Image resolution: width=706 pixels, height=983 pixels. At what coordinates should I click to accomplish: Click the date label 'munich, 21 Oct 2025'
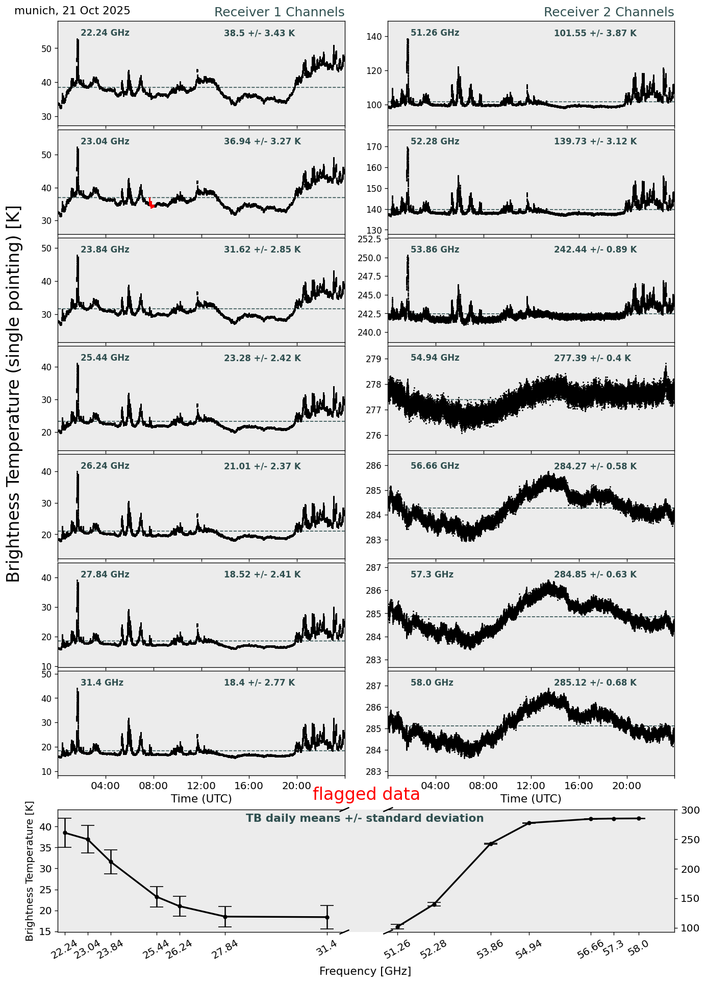(x=72, y=11)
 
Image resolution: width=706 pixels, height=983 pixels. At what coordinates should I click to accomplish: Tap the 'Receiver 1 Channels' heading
(x=279, y=12)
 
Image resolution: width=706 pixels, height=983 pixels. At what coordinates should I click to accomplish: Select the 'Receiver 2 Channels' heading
(x=609, y=12)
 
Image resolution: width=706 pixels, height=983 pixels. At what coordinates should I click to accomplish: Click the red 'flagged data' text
(x=366, y=794)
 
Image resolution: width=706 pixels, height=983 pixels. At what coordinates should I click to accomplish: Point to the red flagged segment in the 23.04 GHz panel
(x=151, y=203)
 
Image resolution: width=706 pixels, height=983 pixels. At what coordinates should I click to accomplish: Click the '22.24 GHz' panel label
(x=105, y=33)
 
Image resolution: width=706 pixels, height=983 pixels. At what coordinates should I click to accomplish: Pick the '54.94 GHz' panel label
(x=435, y=358)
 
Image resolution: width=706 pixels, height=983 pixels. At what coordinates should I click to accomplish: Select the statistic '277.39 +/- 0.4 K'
(x=592, y=358)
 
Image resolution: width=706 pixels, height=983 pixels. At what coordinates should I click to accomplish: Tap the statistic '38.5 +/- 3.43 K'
(x=259, y=34)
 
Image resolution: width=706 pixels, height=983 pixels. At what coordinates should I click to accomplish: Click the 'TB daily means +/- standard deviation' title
(x=365, y=818)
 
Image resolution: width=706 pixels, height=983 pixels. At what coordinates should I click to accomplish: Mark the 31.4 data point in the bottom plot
(x=327, y=917)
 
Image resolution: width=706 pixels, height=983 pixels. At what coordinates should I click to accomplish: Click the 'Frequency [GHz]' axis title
(x=365, y=971)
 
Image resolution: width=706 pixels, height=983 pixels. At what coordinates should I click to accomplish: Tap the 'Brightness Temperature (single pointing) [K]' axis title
(x=14, y=393)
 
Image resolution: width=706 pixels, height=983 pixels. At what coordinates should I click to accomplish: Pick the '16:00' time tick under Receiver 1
(x=249, y=786)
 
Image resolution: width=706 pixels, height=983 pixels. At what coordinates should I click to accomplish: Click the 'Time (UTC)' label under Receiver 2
(x=531, y=798)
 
